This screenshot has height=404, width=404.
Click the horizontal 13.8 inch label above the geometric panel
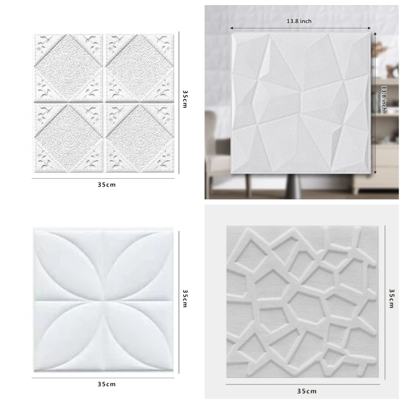pyautogui.click(x=299, y=21)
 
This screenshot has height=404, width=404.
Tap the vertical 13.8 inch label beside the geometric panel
pyautogui.click(x=383, y=98)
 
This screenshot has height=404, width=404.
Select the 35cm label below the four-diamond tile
pyautogui.click(x=107, y=184)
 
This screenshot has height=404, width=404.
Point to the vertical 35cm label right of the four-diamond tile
pyautogui.click(x=185, y=99)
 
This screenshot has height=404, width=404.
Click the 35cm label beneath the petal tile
pyautogui.click(x=107, y=384)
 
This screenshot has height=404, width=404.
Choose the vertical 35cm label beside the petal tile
pyautogui.click(x=185, y=298)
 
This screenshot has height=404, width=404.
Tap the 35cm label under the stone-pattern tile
pyautogui.click(x=307, y=391)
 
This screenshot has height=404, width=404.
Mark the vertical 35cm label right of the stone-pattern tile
pyautogui.click(x=391, y=298)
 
